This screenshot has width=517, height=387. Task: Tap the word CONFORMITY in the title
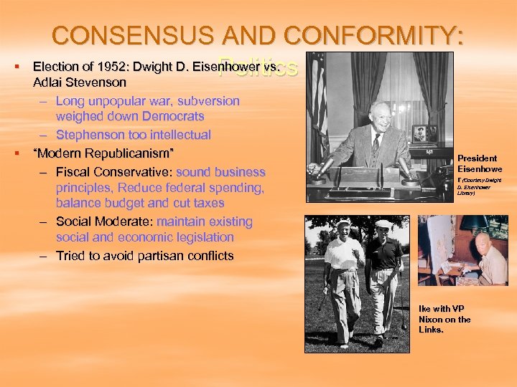pyautogui.click(x=373, y=35)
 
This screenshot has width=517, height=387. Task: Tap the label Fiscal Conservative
pyautogui.click(x=113, y=172)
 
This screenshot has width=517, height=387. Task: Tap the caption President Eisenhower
pyautogui.click(x=477, y=163)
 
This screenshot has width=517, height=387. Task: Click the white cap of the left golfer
pyautogui.click(x=344, y=224)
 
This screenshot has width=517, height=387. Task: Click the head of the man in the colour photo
pyautogui.click(x=483, y=243)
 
